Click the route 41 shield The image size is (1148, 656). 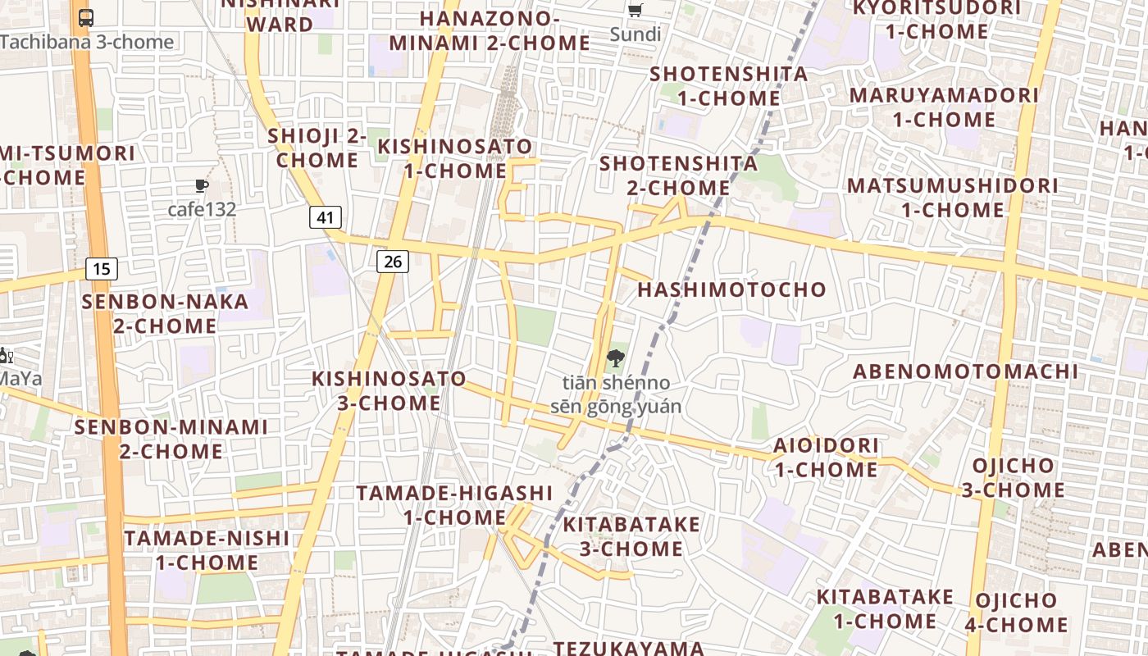[x=326, y=217]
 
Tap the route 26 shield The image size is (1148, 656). [x=393, y=262]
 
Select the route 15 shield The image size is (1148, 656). [x=101, y=268]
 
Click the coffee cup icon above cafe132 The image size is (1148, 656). [x=201, y=186]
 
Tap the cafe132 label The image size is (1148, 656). [x=202, y=209]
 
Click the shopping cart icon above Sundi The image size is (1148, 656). [x=635, y=11]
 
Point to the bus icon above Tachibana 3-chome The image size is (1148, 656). [x=86, y=17]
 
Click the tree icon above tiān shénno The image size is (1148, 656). [x=615, y=358]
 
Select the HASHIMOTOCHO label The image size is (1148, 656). [x=731, y=289]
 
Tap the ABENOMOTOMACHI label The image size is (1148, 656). [x=966, y=371]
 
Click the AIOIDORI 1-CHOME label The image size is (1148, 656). [x=827, y=458]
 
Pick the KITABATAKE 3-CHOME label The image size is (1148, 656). [x=631, y=536]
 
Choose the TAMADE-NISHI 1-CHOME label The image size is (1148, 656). [x=207, y=550]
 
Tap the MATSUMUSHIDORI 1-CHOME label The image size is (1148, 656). [x=953, y=197]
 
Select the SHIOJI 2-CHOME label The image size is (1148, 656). [x=317, y=148]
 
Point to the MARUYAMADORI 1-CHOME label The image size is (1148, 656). [x=944, y=107]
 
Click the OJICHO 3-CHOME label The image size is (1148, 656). [x=1014, y=478]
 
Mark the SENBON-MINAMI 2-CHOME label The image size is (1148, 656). [x=171, y=439]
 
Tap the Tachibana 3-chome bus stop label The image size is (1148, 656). [x=87, y=42]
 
